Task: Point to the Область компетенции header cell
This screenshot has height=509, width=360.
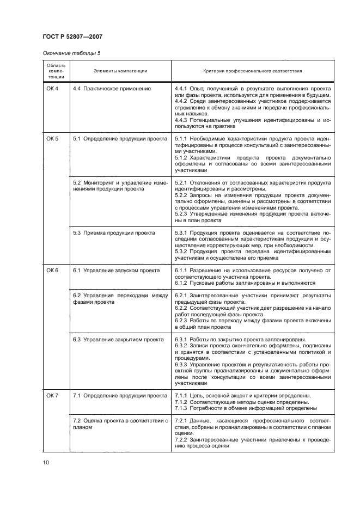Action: pos(56,71)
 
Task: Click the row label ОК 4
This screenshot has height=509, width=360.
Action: pos(52,88)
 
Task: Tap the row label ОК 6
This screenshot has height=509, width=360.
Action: pos(52,271)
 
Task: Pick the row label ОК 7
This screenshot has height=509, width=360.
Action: pos(52,395)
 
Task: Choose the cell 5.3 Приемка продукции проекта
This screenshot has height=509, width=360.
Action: pos(114,232)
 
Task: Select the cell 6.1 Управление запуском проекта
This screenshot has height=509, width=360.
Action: pos(116,271)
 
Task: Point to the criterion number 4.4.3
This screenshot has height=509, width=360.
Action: pos(181,120)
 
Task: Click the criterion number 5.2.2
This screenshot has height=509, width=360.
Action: pos(181,194)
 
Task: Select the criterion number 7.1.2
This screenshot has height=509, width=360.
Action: pos(181,401)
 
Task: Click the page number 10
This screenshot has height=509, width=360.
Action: pos(46,463)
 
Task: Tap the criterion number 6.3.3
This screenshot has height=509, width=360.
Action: pos(181,364)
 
